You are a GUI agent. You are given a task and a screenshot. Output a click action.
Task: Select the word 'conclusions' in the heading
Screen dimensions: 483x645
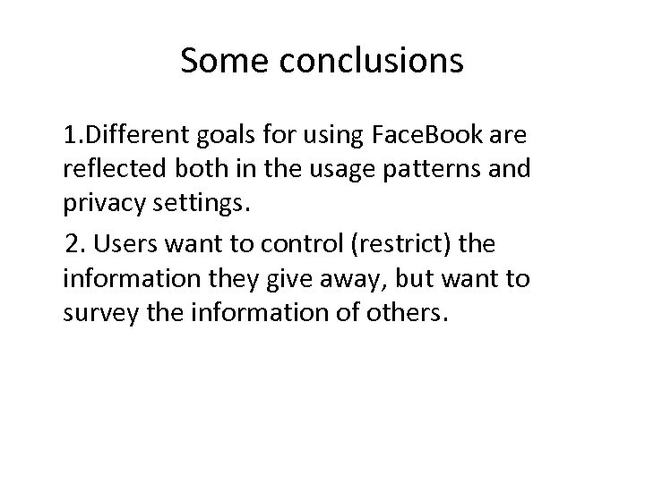(x=372, y=61)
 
